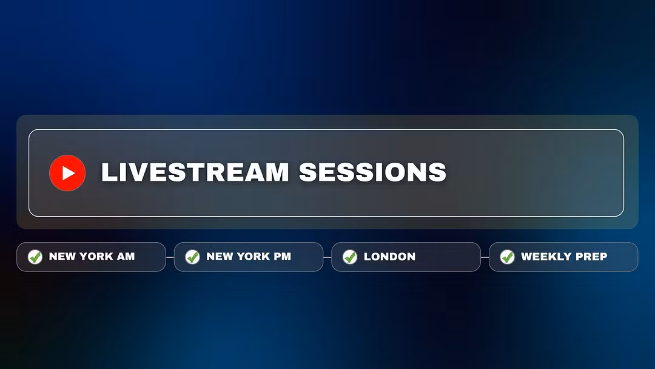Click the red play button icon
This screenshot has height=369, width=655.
pos(67,173)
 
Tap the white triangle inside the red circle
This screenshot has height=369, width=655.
pos(69,173)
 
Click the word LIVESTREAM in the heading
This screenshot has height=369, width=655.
pos(195,172)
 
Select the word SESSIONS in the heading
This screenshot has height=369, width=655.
pos(372,172)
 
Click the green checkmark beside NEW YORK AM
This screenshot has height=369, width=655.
pos(35,257)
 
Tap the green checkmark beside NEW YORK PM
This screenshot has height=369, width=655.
pos(193,257)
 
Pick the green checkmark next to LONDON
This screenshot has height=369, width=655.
pos(350,257)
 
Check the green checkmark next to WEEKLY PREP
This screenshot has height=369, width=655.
pos(508,257)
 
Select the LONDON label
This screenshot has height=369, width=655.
pos(390,257)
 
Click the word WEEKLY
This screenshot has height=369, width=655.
pos(546,257)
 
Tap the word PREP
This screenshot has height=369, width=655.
pos(592,257)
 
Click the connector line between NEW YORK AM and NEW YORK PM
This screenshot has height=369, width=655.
pos(170,257)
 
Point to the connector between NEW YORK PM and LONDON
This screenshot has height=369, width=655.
pos(327,257)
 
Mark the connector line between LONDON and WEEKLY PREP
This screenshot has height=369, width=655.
pos(485,257)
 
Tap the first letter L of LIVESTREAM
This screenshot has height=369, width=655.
pos(109,172)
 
